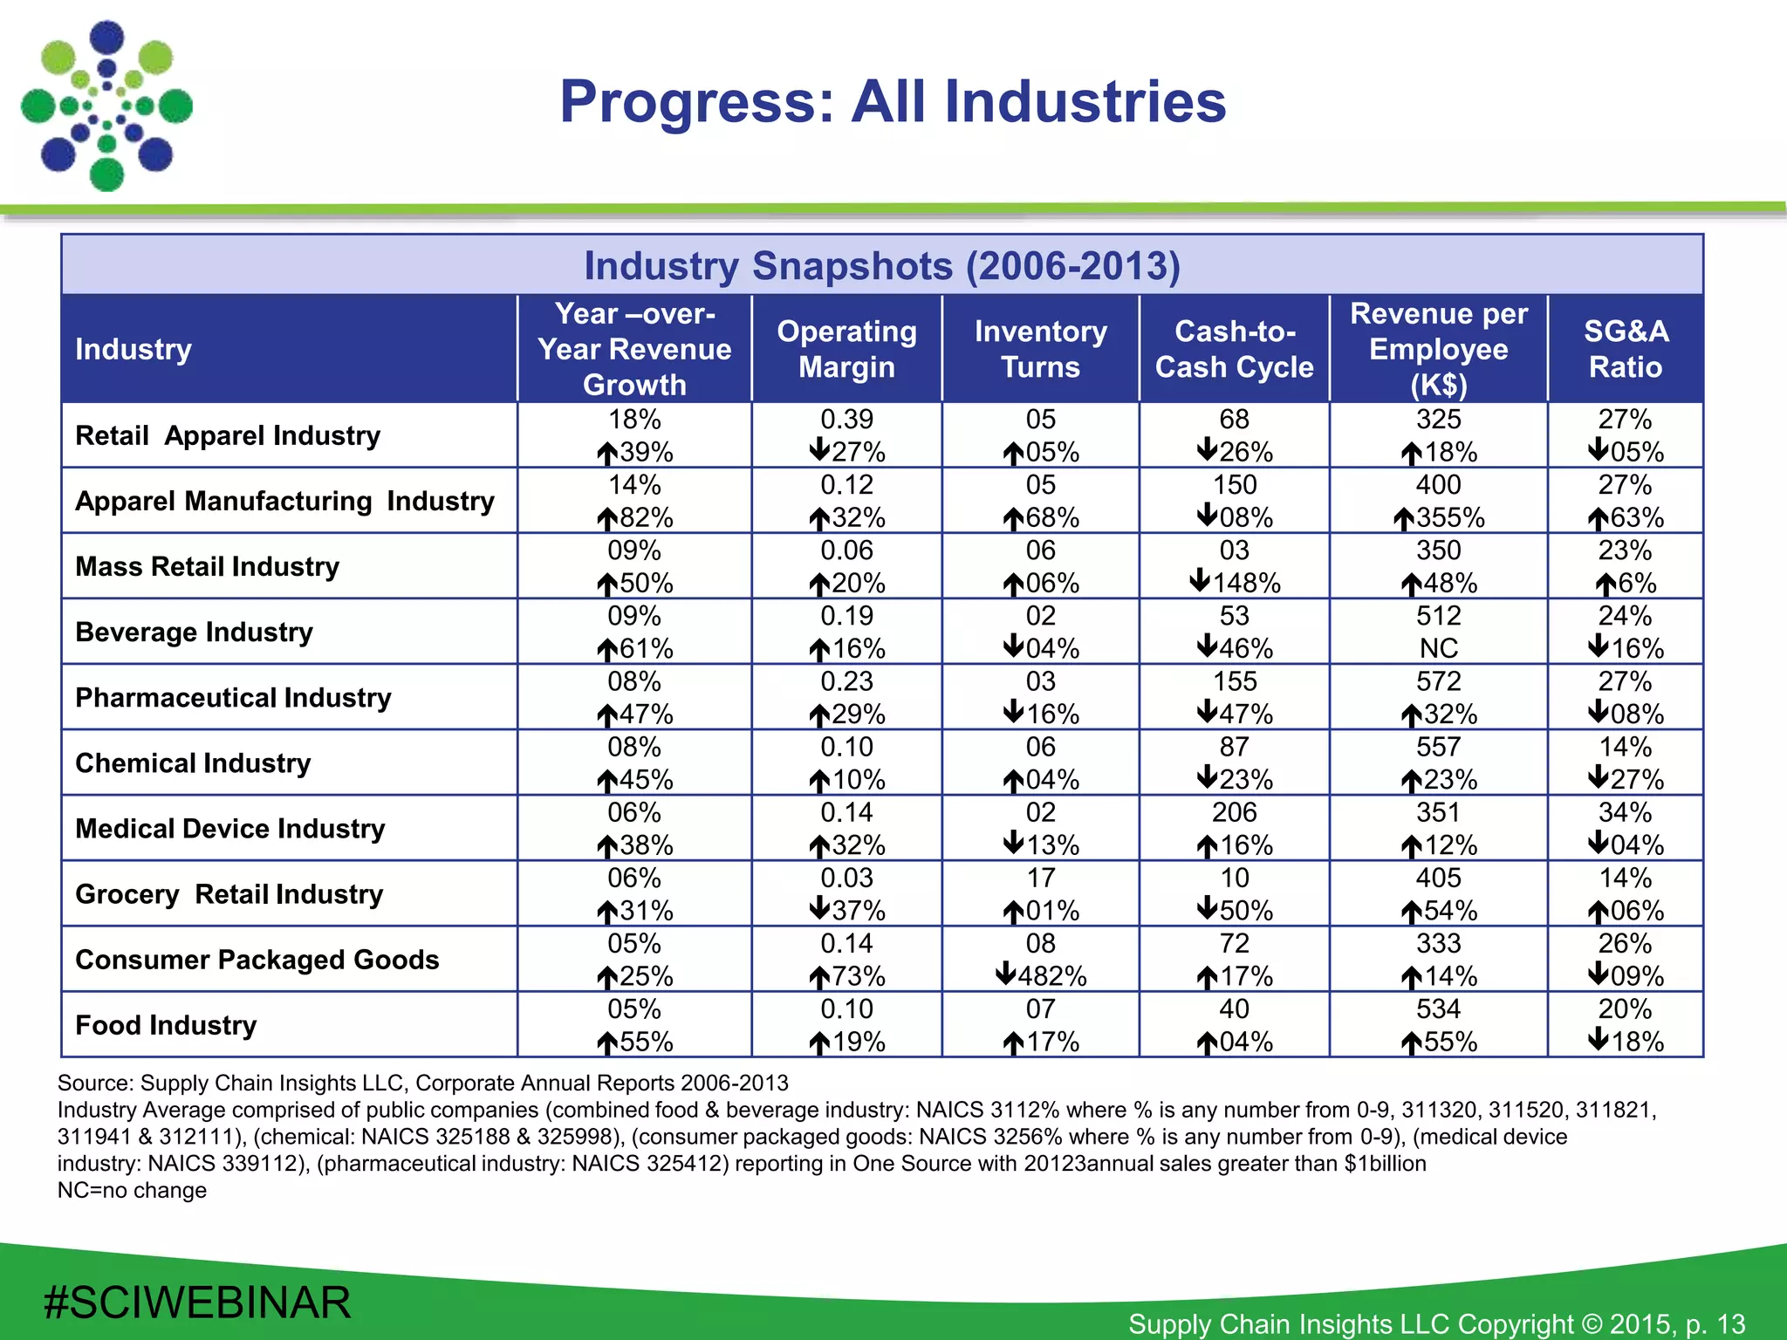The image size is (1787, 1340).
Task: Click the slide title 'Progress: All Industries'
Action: tap(893, 102)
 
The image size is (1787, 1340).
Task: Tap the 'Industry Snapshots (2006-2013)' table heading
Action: tap(881, 265)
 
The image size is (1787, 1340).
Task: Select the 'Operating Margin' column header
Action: tap(846, 349)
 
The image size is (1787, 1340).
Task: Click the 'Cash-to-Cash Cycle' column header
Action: tap(1234, 349)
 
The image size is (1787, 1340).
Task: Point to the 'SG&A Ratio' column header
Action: tap(1625, 349)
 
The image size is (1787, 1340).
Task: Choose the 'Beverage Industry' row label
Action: tap(194, 632)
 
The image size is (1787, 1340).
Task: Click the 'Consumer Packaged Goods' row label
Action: tap(257, 960)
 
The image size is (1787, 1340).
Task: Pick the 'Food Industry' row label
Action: tap(166, 1025)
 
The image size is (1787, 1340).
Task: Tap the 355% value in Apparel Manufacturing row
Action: tap(1449, 518)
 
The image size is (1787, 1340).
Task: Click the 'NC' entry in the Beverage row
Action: tap(1438, 648)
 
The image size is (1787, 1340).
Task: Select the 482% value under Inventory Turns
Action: tap(1051, 976)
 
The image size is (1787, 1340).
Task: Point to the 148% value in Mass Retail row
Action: tap(1245, 583)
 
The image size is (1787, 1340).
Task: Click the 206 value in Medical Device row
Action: tap(1234, 812)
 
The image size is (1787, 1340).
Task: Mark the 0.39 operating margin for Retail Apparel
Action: tap(846, 420)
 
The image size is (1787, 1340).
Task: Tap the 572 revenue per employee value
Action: tap(1438, 681)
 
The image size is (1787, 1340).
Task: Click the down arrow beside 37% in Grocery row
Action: tap(819, 909)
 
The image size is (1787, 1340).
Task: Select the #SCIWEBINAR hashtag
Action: tap(197, 1302)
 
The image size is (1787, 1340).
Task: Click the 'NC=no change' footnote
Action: tap(132, 1191)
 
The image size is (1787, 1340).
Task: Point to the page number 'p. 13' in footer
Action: tap(1715, 1324)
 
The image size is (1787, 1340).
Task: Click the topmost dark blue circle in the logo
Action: tap(107, 38)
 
